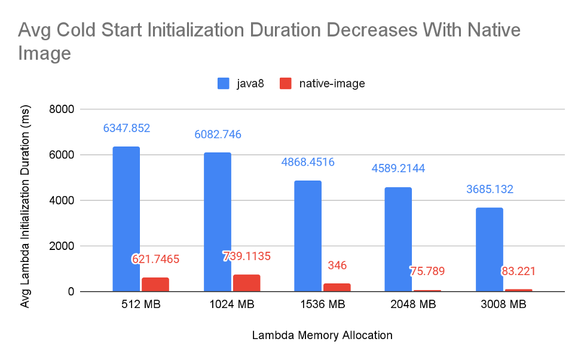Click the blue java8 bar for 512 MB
point(126,219)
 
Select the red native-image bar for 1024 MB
point(246,283)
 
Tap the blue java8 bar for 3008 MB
point(489,249)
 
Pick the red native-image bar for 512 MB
point(155,284)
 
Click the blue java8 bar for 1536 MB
point(307,236)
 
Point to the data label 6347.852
point(126,128)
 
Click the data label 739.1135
point(246,256)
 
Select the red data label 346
point(337,265)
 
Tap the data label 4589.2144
point(399,169)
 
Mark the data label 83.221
point(518,271)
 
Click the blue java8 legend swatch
point(223,84)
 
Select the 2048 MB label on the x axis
point(414,304)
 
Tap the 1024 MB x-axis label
point(232,304)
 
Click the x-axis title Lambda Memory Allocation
point(322,335)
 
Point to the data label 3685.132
point(490,190)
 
